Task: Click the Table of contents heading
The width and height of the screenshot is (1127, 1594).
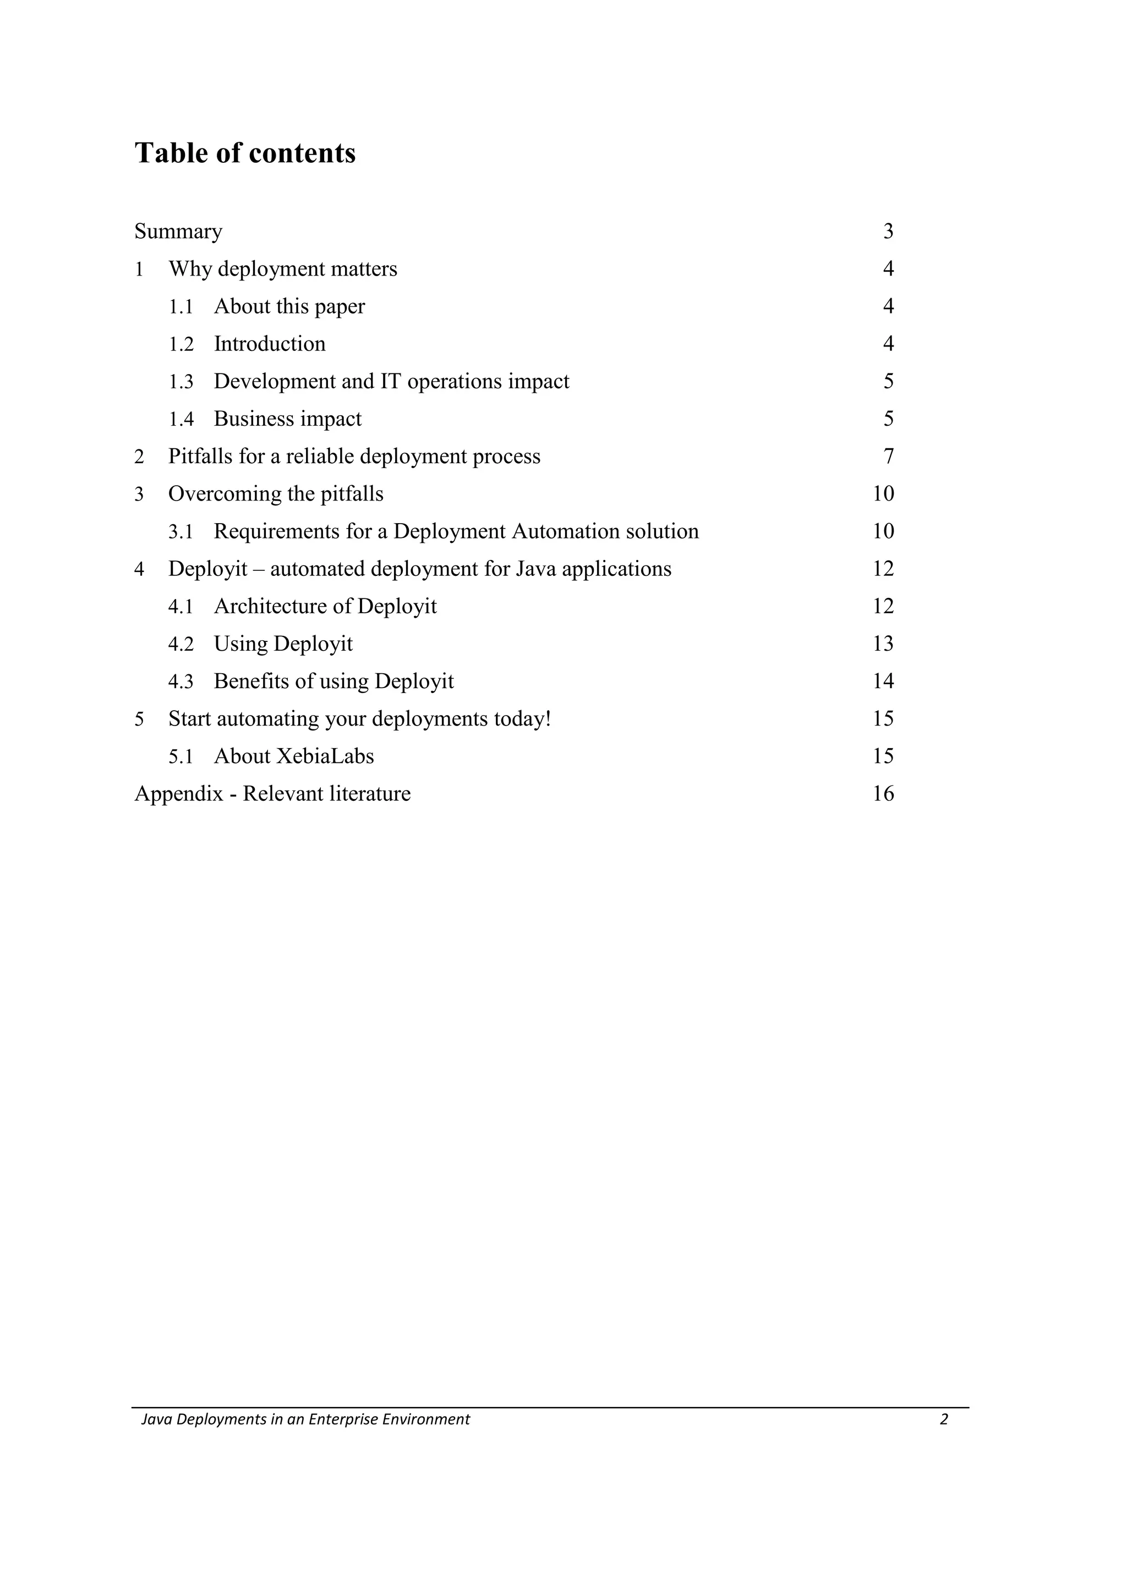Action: [244, 153]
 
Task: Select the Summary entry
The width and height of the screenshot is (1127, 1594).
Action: [178, 231]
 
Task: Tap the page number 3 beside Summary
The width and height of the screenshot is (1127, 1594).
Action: [888, 231]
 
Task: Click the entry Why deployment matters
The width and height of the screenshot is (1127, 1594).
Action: [283, 268]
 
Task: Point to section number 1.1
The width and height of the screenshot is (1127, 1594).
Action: [180, 306]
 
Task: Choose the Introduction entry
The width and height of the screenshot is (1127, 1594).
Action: [270, 344]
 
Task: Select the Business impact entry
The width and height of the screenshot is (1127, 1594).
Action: [287, 419]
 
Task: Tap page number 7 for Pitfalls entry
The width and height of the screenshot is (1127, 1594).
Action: [888, 456]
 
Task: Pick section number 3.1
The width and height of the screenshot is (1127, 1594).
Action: [180, 531]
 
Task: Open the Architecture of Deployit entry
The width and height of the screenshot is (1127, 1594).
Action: [325, 606]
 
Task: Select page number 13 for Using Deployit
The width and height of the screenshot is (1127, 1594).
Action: [883, 644]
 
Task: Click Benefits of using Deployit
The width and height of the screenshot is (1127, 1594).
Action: [333, 681]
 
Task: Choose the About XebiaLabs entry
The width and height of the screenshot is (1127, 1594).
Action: [294, 756]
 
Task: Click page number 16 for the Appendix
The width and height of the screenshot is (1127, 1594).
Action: [883, 794]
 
